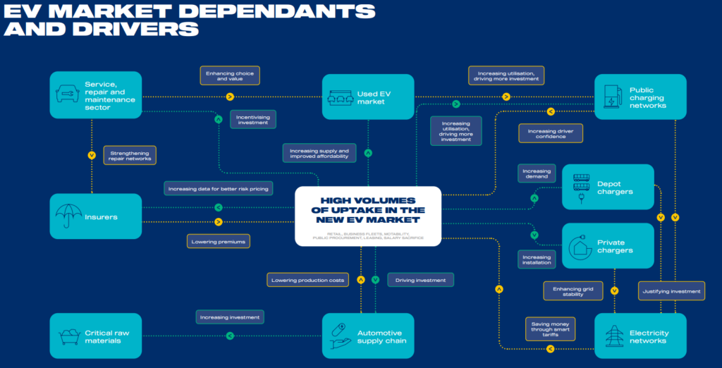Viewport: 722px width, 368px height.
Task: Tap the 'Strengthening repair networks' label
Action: coord(130,155)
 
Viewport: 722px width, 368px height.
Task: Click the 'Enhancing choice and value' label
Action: coord(230,75)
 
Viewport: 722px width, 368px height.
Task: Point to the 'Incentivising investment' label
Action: coord(252,119)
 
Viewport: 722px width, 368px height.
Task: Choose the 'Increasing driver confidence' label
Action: coord(551,133)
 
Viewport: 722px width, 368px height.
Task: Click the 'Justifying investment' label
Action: coord(672,290)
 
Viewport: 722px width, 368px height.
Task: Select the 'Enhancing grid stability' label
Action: coord(573,290)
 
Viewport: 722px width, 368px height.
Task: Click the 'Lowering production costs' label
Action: coord(308,280)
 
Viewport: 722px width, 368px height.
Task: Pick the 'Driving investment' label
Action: coord(420,280)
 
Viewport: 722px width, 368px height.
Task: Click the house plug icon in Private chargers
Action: coord(580,246)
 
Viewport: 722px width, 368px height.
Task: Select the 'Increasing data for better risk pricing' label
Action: coord(219,188)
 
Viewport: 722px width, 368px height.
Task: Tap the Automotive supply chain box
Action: coord(367,336)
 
